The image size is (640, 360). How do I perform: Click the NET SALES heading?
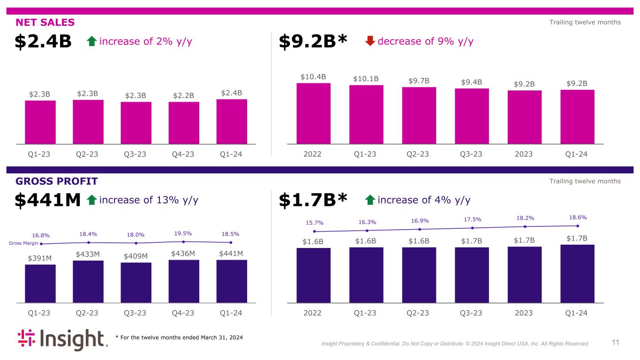coord(45,22)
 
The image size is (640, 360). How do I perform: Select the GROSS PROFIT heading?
coord(56,181)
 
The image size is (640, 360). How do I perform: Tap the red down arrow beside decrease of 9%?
coord(370,41)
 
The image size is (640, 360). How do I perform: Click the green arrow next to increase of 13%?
coord(92,200)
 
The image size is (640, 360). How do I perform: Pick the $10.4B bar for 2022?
coord(313,113)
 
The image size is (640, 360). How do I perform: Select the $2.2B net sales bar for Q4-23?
coord(184,122)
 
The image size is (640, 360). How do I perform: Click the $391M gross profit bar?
coord(40,284)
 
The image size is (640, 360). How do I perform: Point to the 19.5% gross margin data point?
coord(184,242)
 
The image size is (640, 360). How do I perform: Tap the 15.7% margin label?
coord(315,223)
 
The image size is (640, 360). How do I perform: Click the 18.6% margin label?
coord(578,217)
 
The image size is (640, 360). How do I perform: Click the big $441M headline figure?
coord(48,200)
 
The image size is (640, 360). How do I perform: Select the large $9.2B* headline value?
coord(313,42)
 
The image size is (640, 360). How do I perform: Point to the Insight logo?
coord(62,340)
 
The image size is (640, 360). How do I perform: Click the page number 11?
coord(615,343)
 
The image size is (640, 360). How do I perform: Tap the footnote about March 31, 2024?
coord(179,337)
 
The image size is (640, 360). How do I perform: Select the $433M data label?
coord(88,254)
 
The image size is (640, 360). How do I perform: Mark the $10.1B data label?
coord(366,78)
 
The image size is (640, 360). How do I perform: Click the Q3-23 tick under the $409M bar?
coord(136,313)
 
